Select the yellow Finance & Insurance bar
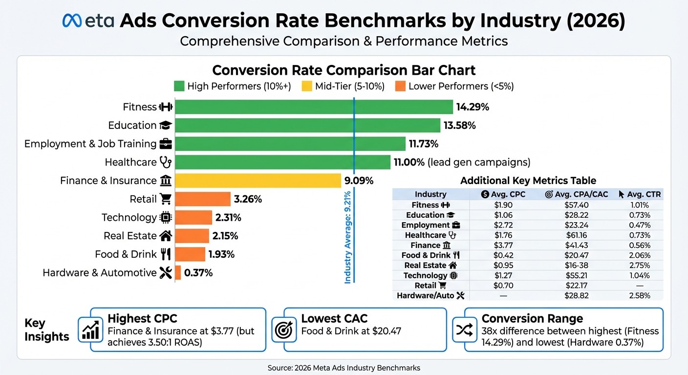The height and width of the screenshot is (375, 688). (x=258, y=181)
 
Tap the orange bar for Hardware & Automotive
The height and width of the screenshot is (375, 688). (x=178, y=272)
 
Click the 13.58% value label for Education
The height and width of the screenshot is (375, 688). (x=459, y=125)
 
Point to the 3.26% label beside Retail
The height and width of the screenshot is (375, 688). (x=248, y=199)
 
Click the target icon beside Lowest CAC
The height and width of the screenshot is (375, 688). (x=284, y=331)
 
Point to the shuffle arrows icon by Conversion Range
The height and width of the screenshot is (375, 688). (x=462, y=331)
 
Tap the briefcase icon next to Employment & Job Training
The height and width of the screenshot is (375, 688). (x=166, y=144)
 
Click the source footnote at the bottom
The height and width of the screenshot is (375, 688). (x=344, y=368)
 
